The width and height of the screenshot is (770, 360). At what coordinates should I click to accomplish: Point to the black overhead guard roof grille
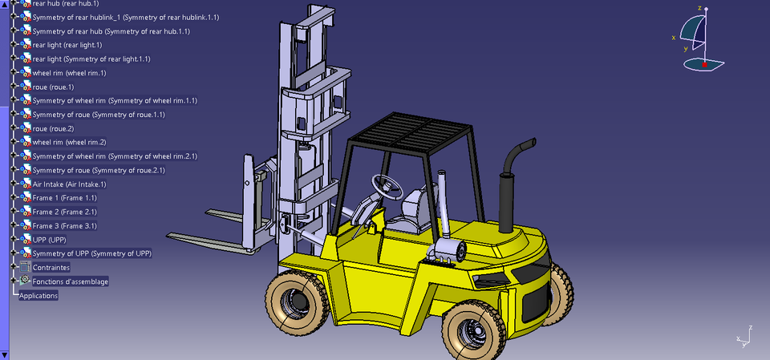pos(409,130)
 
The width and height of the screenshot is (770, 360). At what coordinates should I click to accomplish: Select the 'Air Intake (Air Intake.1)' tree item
pos(69,184)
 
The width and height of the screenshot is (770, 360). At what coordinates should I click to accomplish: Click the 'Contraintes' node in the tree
pos(51,267)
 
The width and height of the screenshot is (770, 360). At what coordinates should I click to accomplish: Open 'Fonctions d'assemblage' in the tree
pos(70,281)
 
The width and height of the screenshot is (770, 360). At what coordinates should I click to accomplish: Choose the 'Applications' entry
pos(38,295)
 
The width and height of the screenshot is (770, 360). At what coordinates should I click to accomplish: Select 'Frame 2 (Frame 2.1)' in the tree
pos(64,212)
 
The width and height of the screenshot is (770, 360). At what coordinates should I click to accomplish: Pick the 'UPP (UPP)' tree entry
pos(49,240)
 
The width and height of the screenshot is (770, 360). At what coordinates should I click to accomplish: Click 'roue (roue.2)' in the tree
pos(53,128)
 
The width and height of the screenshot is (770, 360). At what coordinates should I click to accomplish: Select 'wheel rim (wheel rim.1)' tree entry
pos(69,73)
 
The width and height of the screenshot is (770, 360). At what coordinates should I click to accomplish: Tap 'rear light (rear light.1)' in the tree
pos(67,45)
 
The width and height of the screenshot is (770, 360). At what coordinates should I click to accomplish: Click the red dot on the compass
pos(704,63)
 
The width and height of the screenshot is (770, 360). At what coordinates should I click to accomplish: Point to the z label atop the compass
pos(699,8)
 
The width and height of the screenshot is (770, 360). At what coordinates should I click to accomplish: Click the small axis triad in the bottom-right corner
pos(743,338)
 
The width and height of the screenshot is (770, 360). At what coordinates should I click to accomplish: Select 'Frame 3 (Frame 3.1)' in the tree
pos(64,226)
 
